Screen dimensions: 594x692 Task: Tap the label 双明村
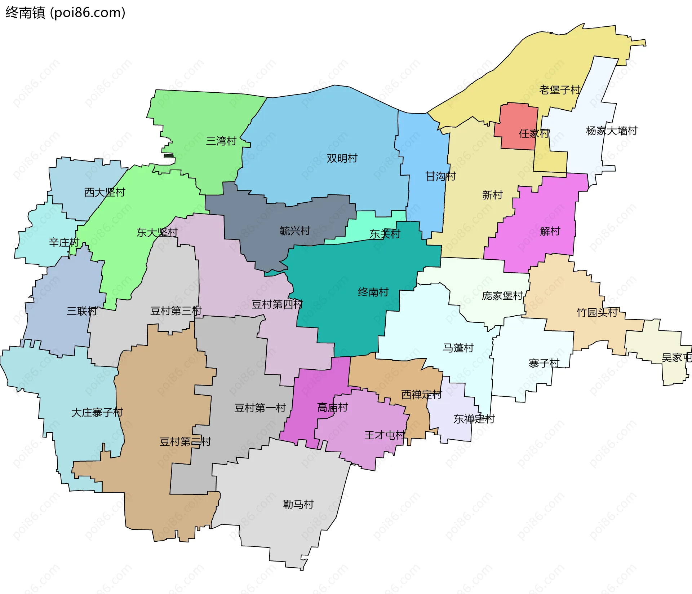342,158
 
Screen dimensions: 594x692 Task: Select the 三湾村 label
221,141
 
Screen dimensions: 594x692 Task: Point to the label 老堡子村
560,90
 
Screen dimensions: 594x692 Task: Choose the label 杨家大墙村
612,131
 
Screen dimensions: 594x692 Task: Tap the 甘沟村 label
440,176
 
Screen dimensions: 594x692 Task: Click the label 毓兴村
295,231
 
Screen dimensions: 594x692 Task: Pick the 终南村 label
373,292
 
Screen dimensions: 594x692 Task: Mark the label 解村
550,231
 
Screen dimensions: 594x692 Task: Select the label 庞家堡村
502,296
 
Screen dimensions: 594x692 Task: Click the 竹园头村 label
597,312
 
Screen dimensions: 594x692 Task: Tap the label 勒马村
298,504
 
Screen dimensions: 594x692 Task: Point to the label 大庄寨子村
97,412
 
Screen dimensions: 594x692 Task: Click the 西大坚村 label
105,192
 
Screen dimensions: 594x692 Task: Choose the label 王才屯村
385,435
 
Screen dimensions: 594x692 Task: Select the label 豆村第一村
260,408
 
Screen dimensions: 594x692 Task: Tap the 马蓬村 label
458,348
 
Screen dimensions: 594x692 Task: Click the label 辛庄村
64,242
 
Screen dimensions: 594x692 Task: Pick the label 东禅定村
474,419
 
